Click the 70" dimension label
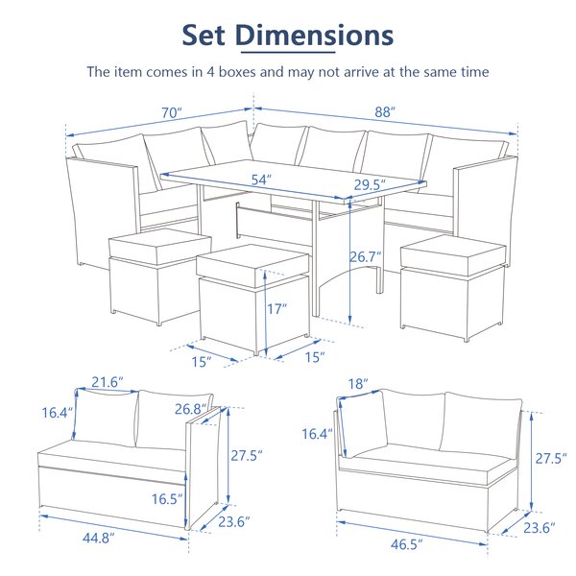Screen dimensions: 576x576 click(x=172, y=112)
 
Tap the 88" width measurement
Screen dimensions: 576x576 click(x=386, y=112)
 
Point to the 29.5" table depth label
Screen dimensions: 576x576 click(x=370, y=184)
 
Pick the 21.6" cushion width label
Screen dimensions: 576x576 click(x=107, y=382)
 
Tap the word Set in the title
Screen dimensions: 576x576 click(x=205, y=35)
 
